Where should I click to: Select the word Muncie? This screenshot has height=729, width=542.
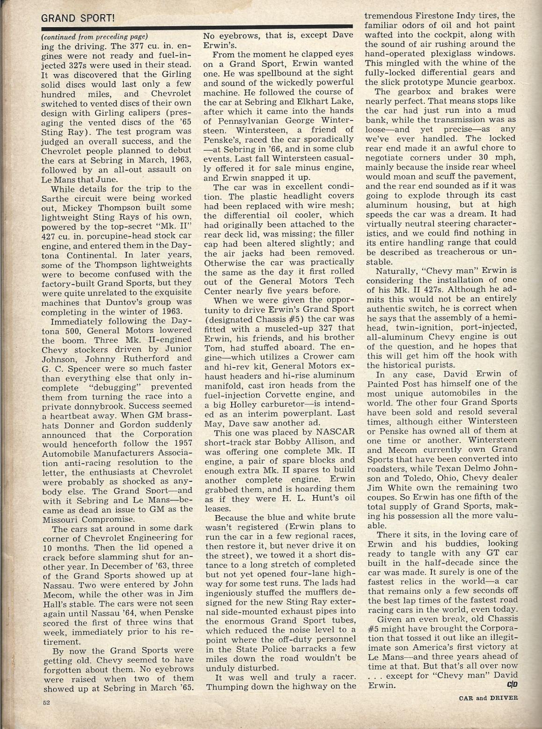pyautogui.click(x=464, y=81)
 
